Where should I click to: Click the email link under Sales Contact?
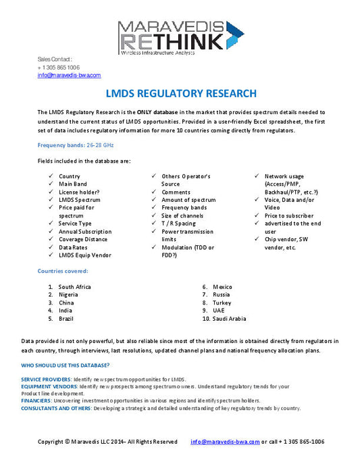(x=69, y=76)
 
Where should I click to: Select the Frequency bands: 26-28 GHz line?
(x=76, y=145)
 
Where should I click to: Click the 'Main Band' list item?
(x=73, y=184)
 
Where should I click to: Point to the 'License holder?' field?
(x=79, y=192)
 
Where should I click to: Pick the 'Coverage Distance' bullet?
(x=83, y=239)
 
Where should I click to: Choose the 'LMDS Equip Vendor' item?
(x=84, y=255)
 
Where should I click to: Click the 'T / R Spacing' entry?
(x=178, y=224)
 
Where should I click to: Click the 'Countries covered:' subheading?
(x=63, y=271)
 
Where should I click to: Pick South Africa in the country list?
(x=74, y=287)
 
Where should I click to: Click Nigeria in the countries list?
(x=68, y=295)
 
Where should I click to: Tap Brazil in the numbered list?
(x=67, y=318)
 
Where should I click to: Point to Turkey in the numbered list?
(x=222, y=303)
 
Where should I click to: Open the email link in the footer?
(x=225, y=442)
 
